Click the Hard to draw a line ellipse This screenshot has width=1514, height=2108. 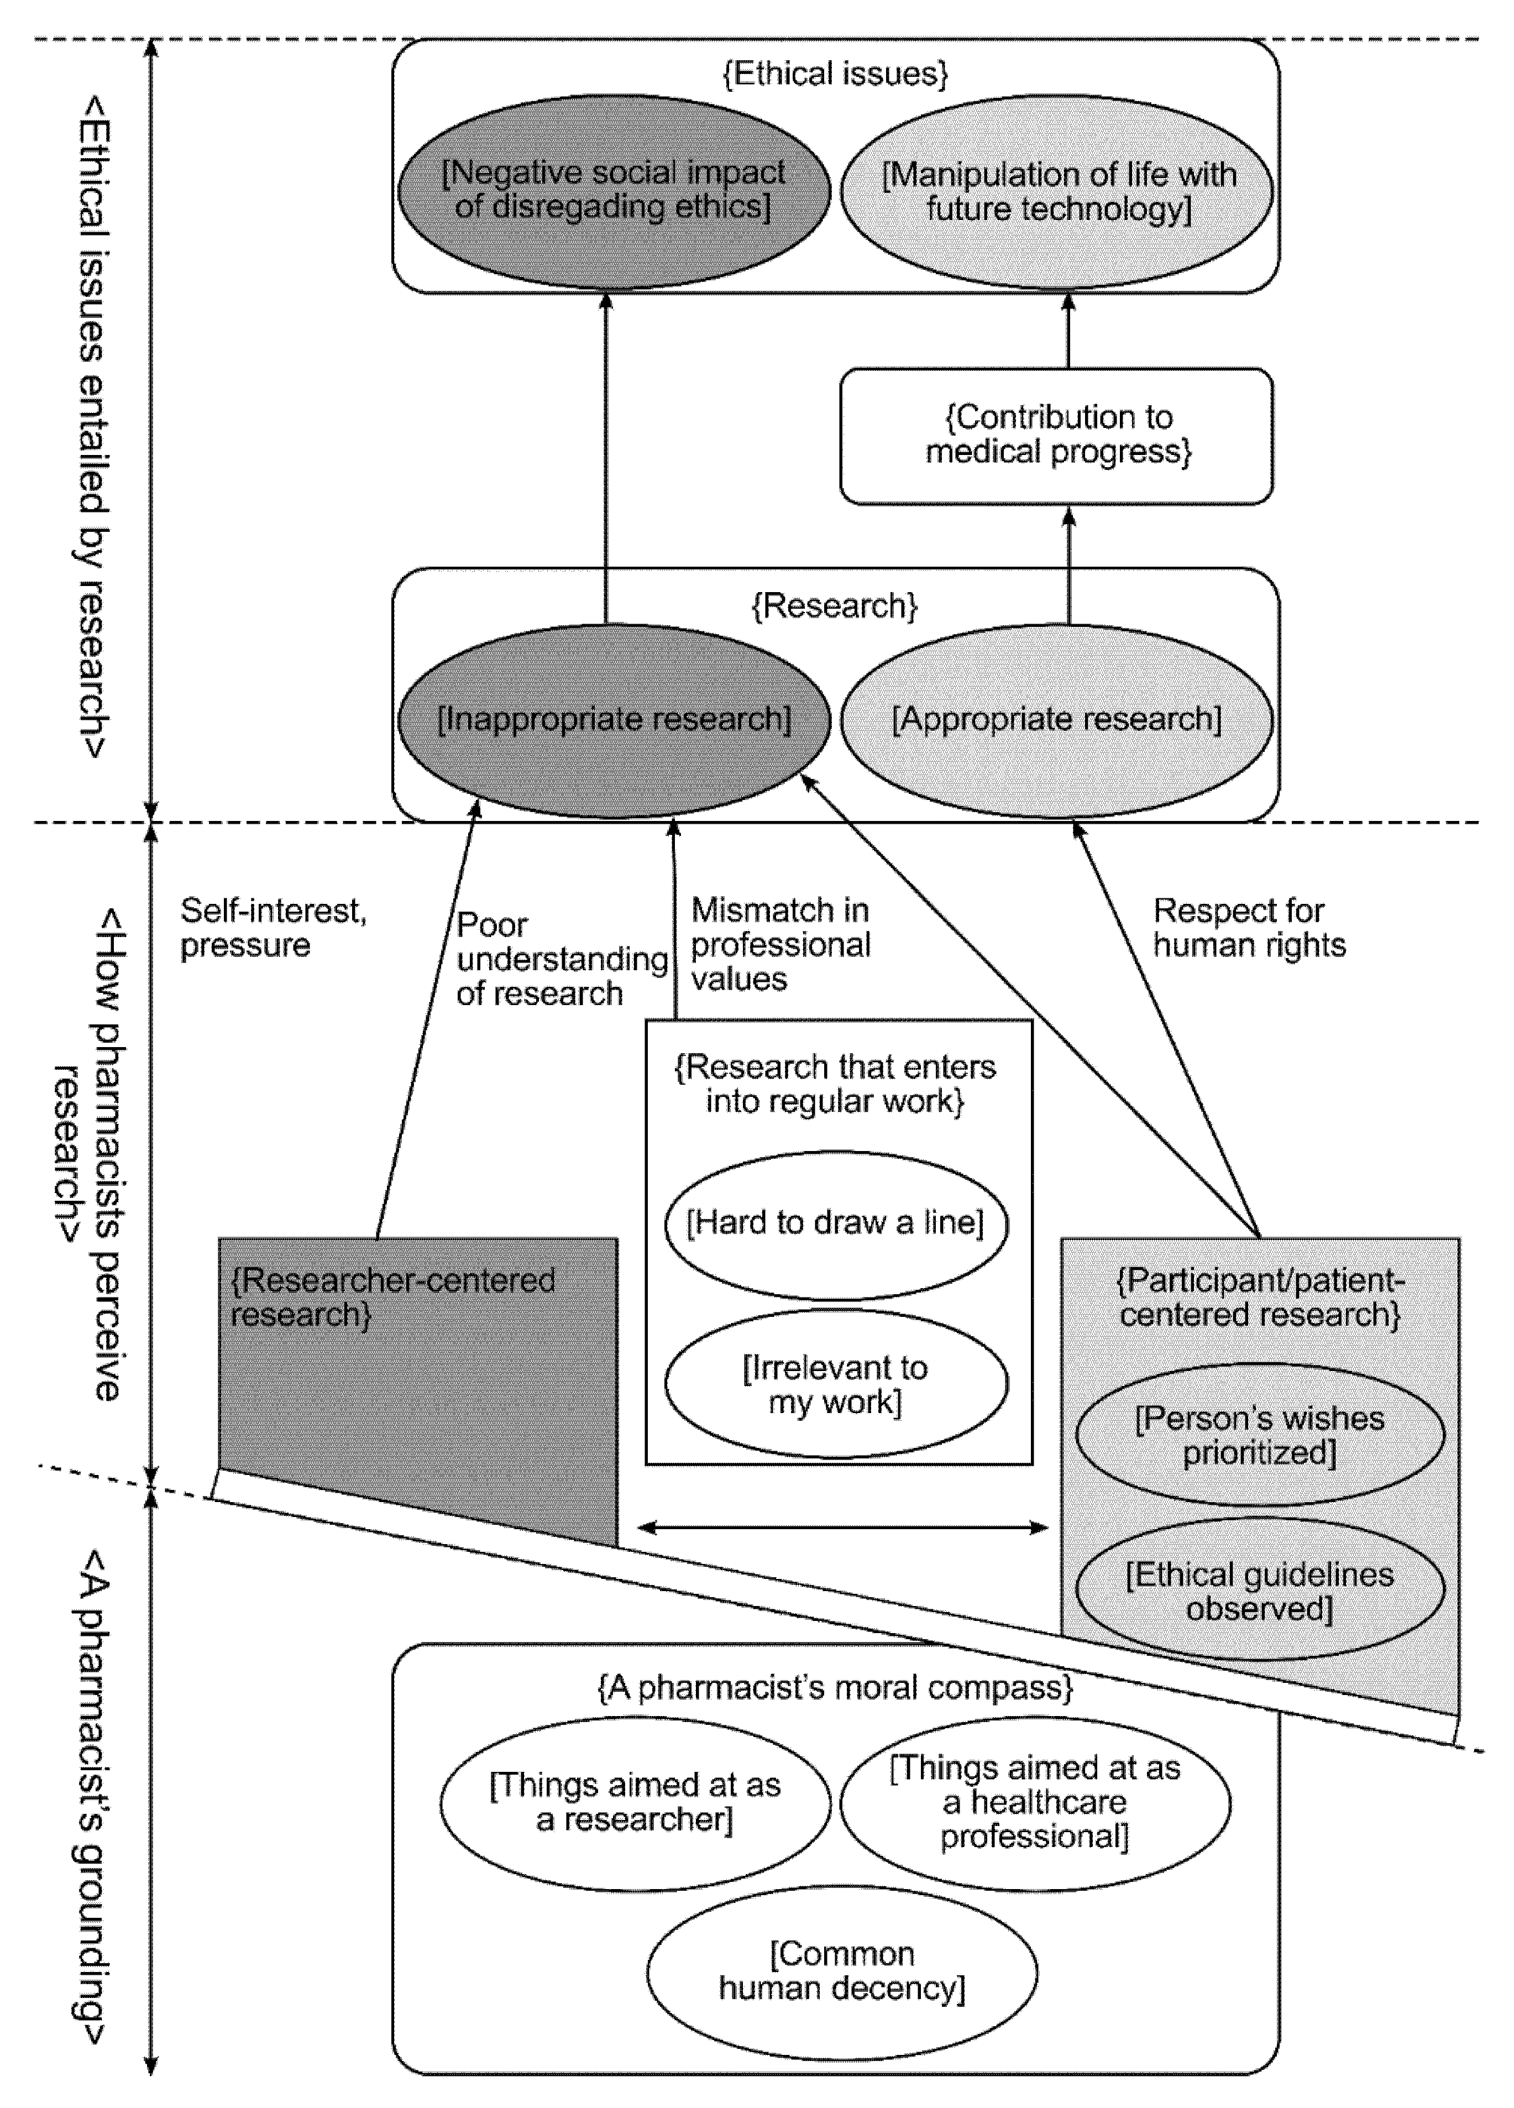click(836, 1223)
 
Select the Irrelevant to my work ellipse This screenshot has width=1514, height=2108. click(836, 1384)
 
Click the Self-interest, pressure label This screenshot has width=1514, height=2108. click(273, 928)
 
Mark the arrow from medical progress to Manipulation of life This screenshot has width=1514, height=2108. click(1068, 331)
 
